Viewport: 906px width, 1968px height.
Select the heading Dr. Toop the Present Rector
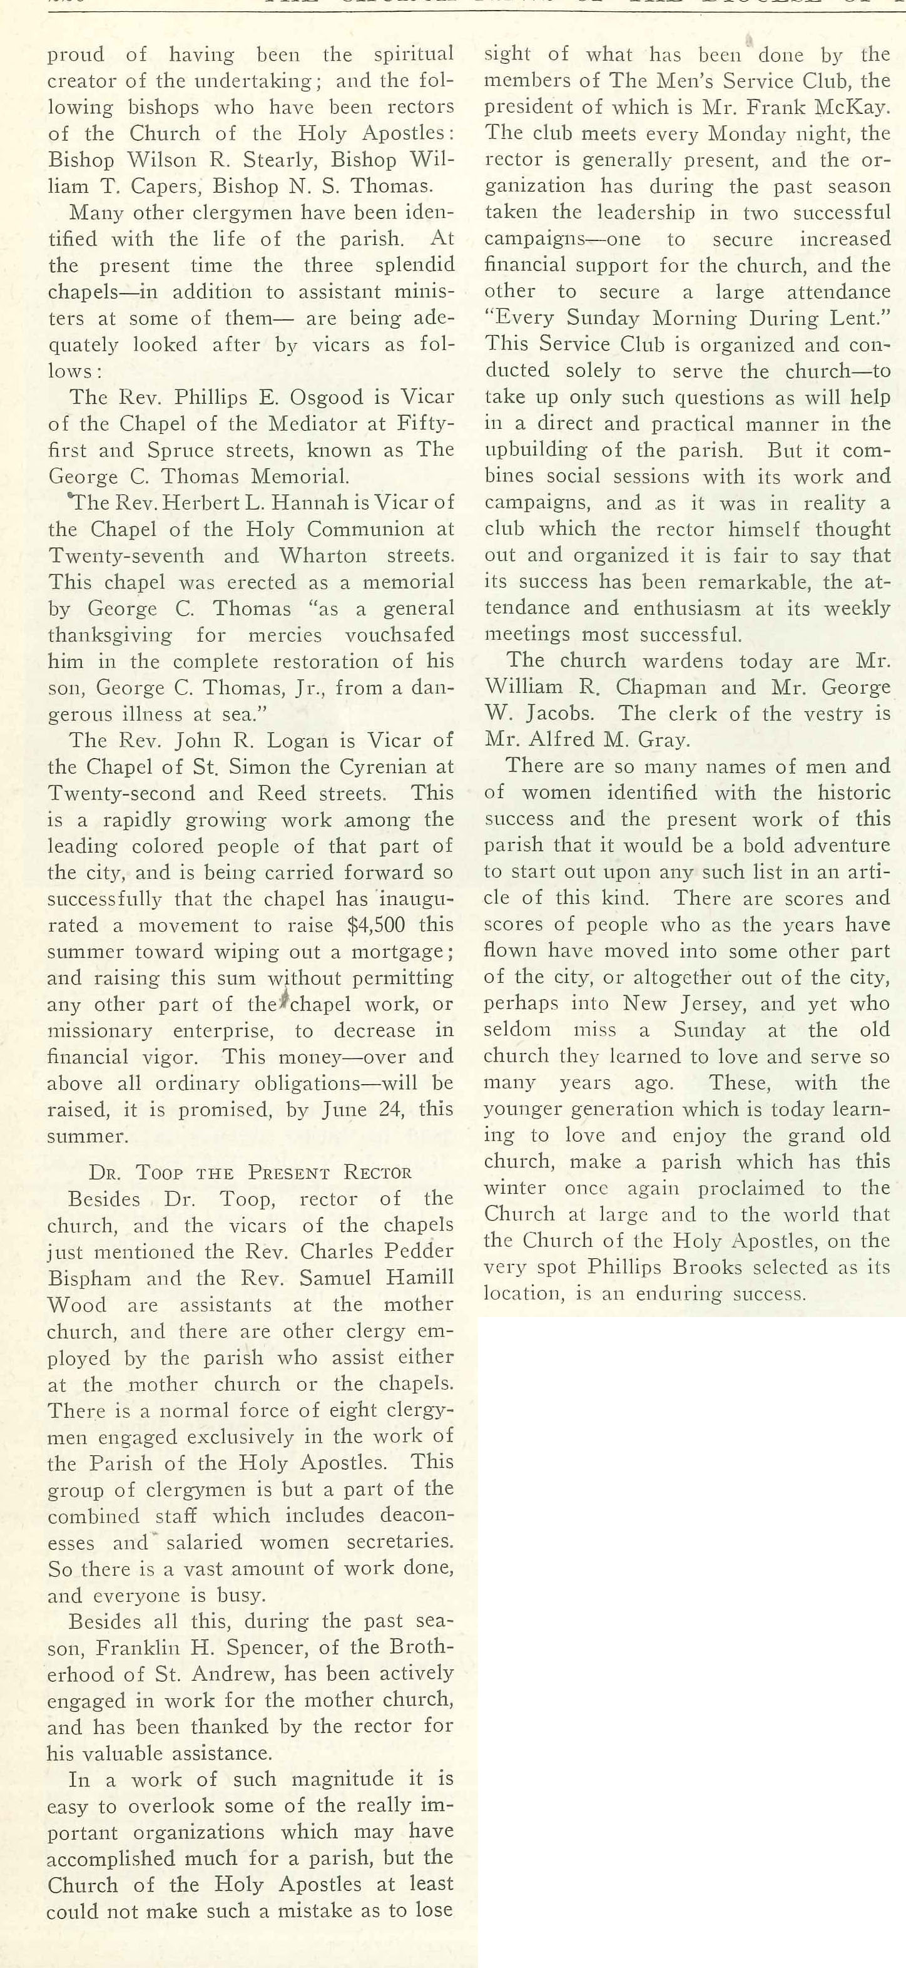[250, 1172]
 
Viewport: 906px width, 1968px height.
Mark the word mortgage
[397, 952]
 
